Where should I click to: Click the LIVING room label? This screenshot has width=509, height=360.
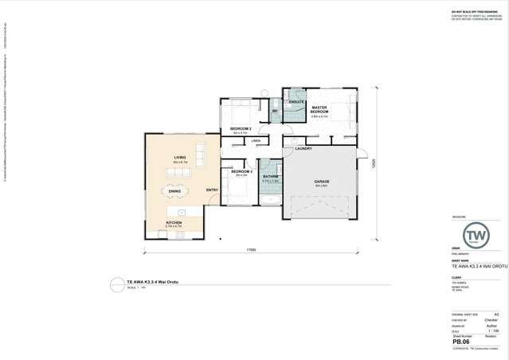[180, 158]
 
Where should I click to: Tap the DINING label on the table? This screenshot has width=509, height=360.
[174, 191]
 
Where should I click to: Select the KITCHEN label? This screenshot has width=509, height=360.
[174, 222]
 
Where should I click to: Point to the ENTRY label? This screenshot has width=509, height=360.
[212, 190]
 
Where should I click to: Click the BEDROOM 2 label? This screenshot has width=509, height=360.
[241, 128]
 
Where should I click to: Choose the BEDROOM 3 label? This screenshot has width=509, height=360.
[241, 171]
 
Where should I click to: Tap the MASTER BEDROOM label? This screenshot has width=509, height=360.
[319, 109]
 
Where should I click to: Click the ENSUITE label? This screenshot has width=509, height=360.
[296, 102]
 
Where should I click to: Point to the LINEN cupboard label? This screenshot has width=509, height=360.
[256, 141]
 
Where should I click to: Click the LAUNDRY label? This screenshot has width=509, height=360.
[303, 148]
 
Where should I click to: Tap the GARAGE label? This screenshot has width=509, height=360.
[322, 182]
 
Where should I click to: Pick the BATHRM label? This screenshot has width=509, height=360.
[271, 176]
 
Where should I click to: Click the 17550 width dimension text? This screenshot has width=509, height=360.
[251, 250]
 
